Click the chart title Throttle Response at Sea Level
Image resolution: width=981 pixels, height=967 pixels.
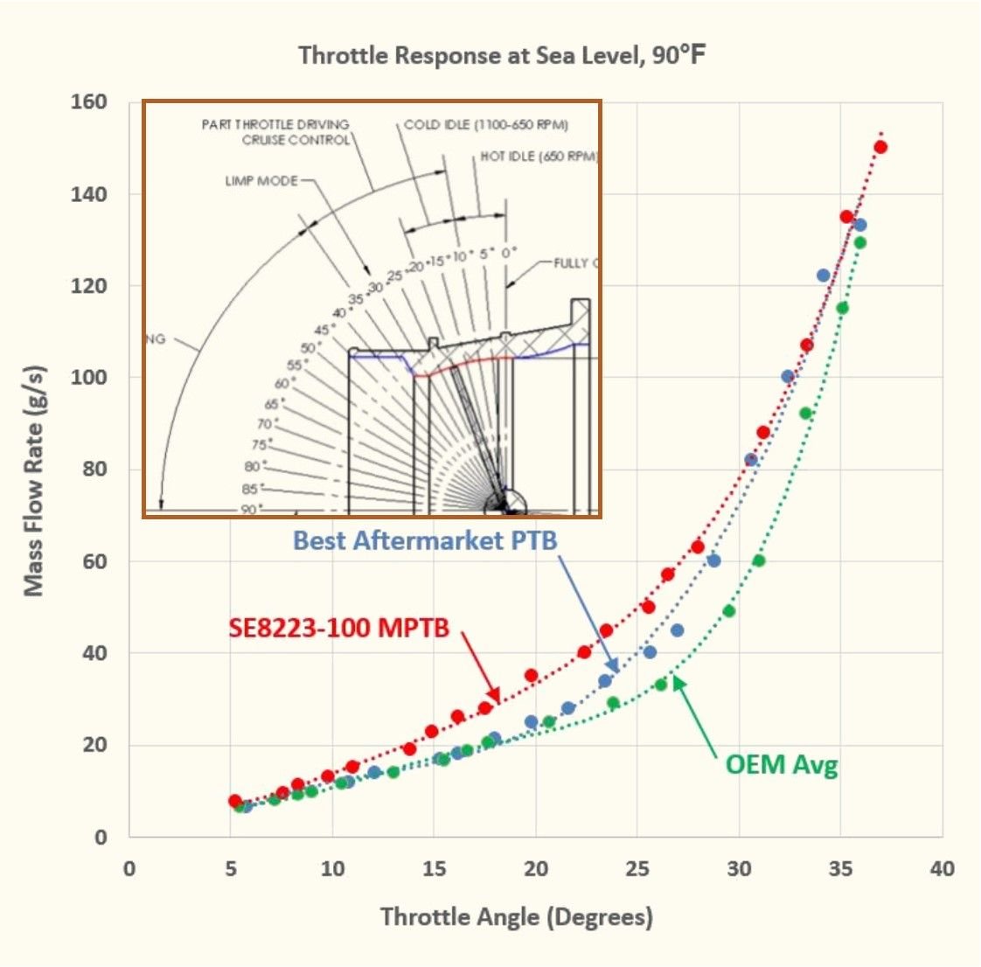pyautogui.click(x=502, y=55)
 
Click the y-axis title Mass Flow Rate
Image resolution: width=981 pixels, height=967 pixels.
pyautogui.click(x=33, y=480)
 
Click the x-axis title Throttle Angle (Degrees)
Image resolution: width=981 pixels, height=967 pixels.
pyautogui.click(x=516, y=917)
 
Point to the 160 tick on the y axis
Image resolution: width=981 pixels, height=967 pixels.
pyautogui.click(x=89, y=102)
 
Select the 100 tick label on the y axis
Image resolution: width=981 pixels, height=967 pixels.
pyautogui.click(x=89, y=378)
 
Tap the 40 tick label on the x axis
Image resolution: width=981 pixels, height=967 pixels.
pyautogui.click(x=942, y=869)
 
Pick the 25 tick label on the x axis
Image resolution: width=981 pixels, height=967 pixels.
pyautogui.click(x=637, y=869)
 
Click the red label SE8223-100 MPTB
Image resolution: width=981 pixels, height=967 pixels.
pyautogui.click(x=339, y=628)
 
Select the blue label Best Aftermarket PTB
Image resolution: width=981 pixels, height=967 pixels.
pyautogui.click(x=425, y=540)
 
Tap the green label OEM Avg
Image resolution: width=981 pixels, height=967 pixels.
pyautogui.click(x=781, y=765)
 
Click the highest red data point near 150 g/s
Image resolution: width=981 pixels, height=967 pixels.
pyautogui.click(x=880, y=147)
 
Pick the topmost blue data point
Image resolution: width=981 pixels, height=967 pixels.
pyautogui.click(x=860, y=225)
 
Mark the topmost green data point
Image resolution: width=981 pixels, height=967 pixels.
pyautogui.click(x=860, y=242)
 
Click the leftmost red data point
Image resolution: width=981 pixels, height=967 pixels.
pyautogui.click(x=234, y=801)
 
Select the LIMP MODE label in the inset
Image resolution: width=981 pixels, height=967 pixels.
pyautogui.click(x=261, y=181)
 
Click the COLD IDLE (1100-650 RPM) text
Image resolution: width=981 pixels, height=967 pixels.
pyautogui.click(x=486, y=124)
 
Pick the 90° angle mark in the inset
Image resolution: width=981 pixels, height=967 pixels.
pyautogui.click(x=251, y=509)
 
